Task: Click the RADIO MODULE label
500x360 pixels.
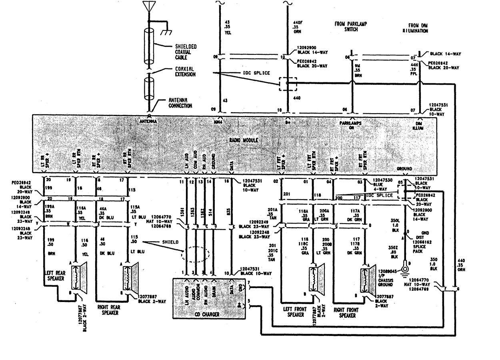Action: [244, 140]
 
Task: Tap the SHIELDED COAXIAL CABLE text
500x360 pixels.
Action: [184, 52]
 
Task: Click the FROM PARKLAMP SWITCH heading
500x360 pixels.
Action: [351, 27]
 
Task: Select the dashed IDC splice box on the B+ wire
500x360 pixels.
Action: [288, 84]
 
